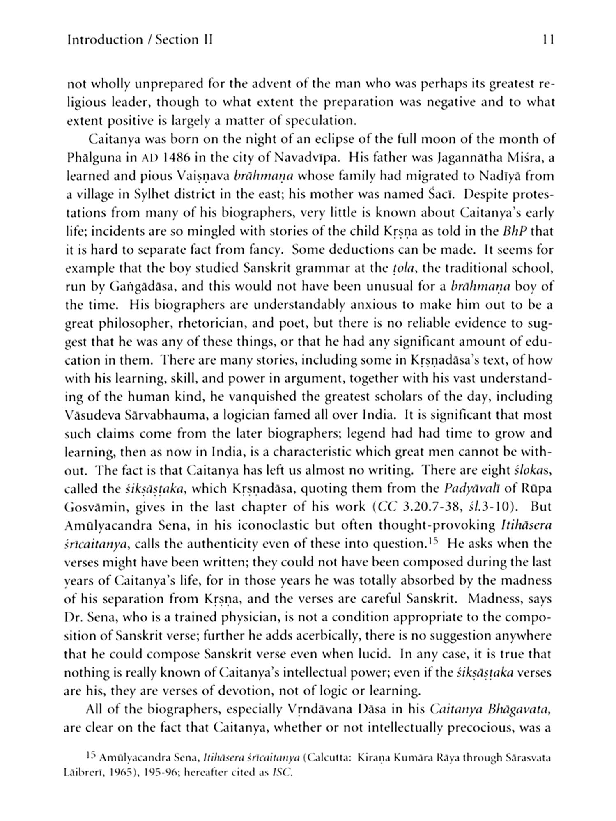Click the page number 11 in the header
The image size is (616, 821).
tap(548, 40)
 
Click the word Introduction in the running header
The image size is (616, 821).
tap(104, 40)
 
